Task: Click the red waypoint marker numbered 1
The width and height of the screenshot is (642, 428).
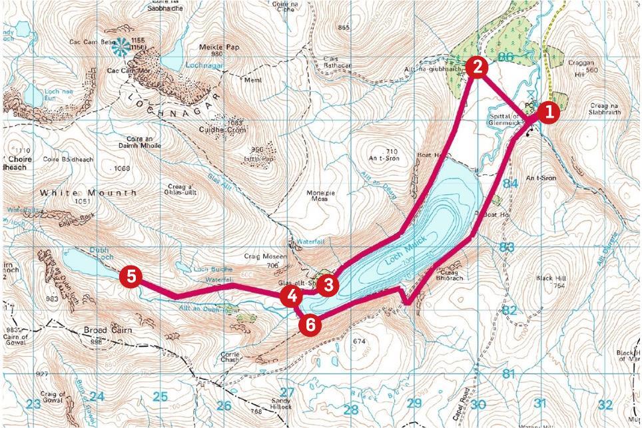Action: pos(548,113)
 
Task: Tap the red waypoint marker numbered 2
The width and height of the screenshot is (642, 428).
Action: pos(478,67)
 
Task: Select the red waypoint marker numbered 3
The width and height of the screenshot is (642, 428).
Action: pos(327,286)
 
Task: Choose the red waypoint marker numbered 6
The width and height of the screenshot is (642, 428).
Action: pos(310,325)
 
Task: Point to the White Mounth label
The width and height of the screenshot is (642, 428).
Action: pos(88,192)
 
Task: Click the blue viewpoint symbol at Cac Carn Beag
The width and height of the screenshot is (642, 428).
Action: pos(121,47)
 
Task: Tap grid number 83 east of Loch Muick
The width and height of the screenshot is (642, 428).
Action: pos(507,247)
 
